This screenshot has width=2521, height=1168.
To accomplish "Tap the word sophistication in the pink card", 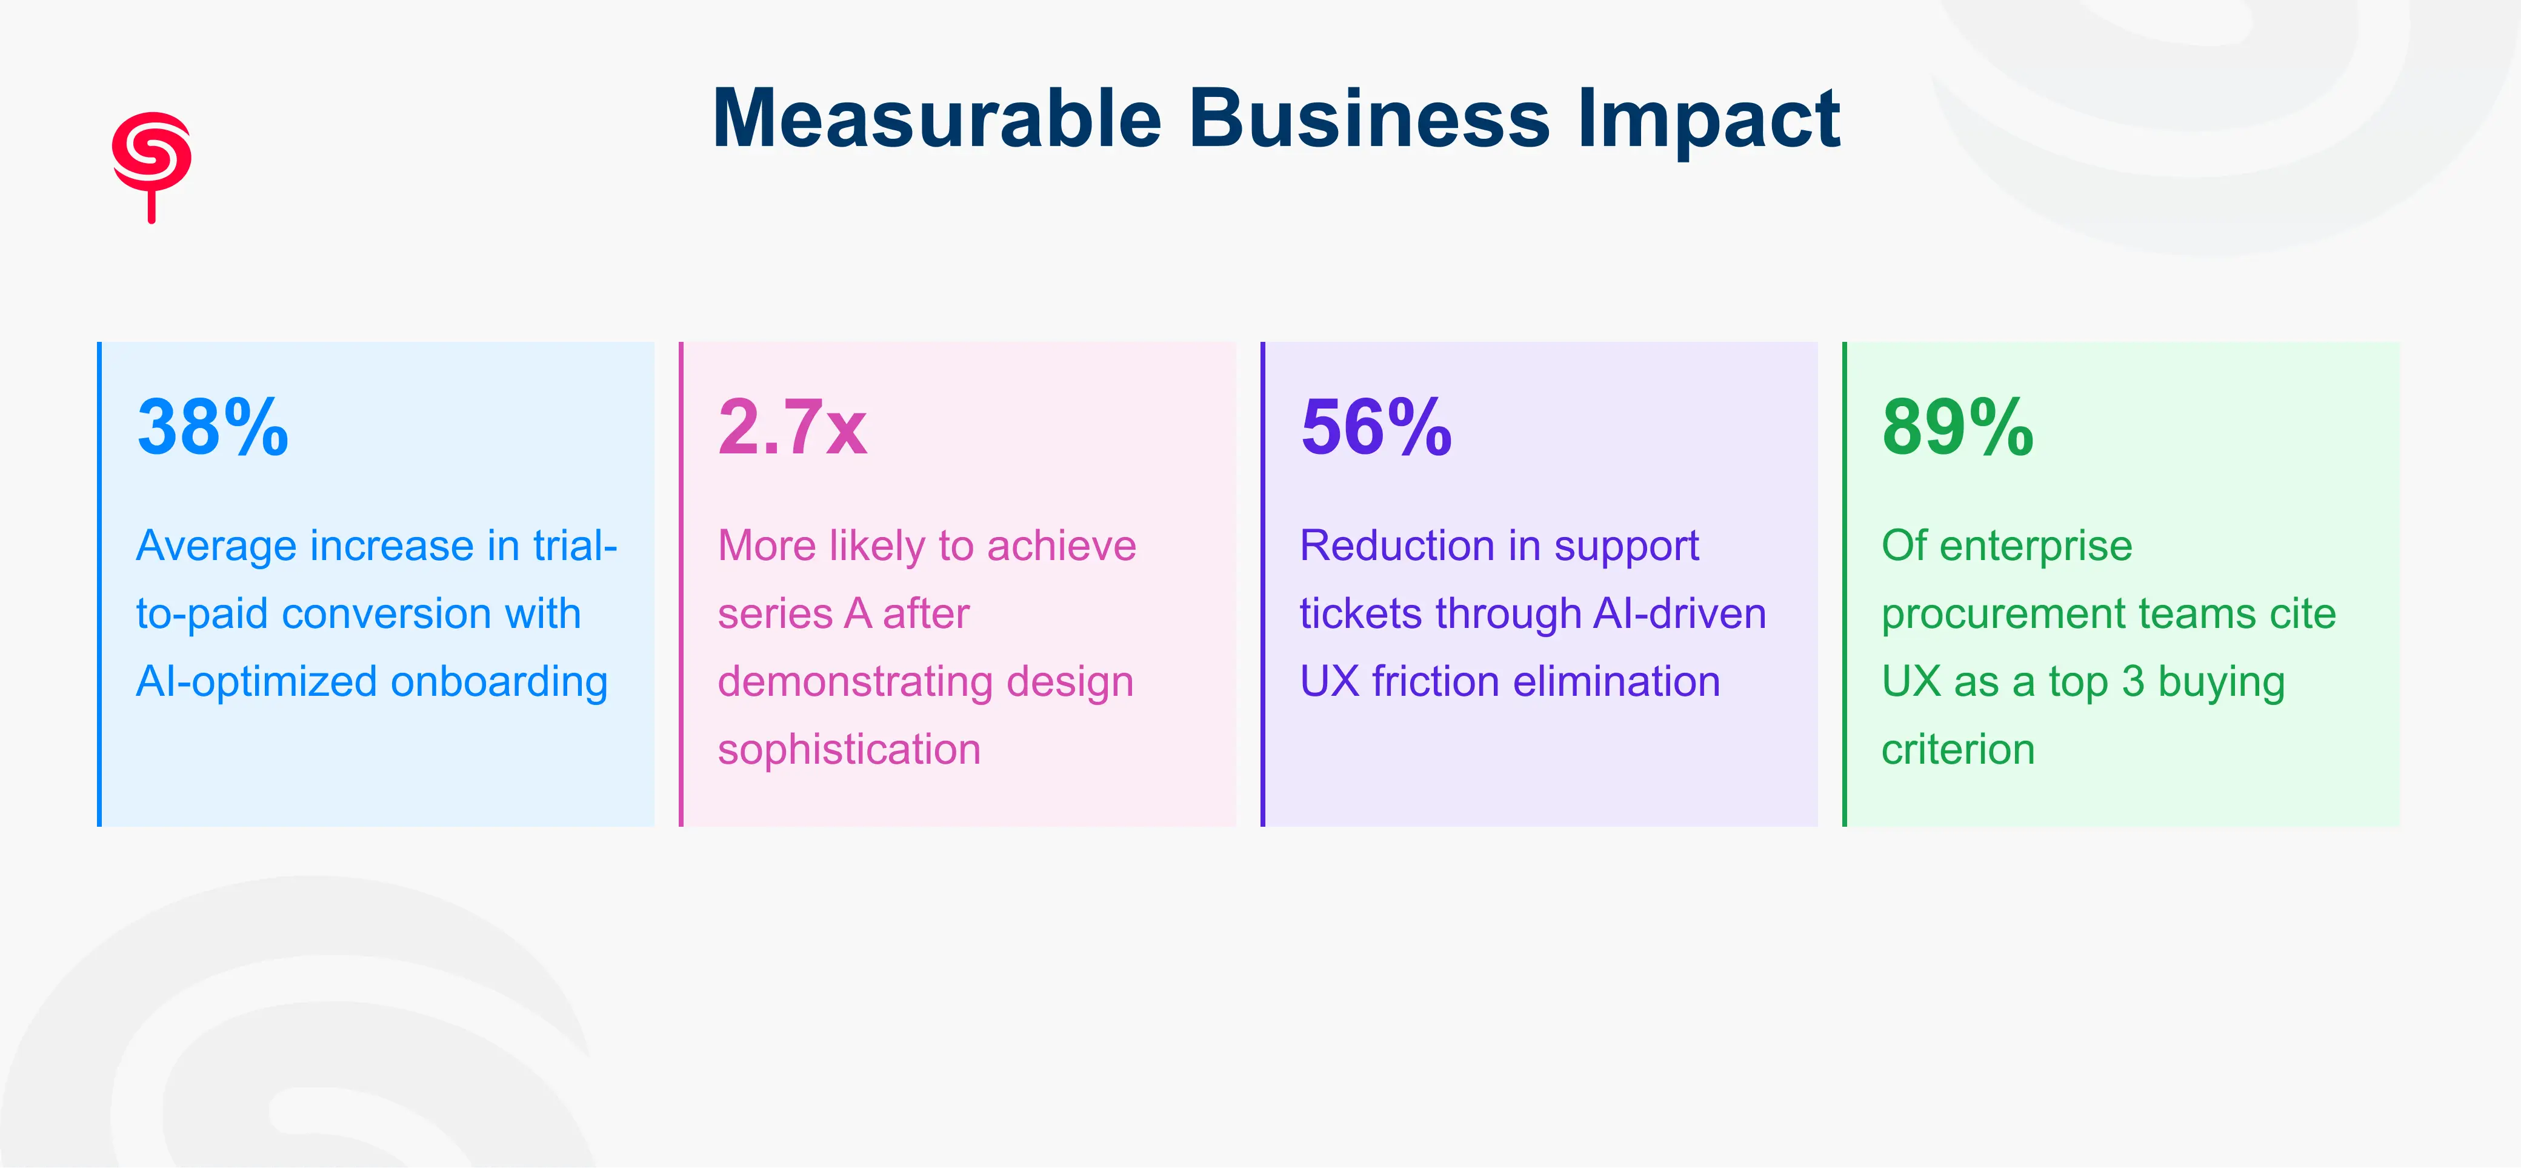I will tap(848, 750).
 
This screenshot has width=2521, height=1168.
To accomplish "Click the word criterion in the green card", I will tap(1957, 750).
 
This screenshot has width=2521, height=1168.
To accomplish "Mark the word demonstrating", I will tap(854, 681).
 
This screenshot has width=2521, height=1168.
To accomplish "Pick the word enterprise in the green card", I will tap(2036, 546).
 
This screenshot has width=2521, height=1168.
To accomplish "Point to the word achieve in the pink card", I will tap(1061, 546).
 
